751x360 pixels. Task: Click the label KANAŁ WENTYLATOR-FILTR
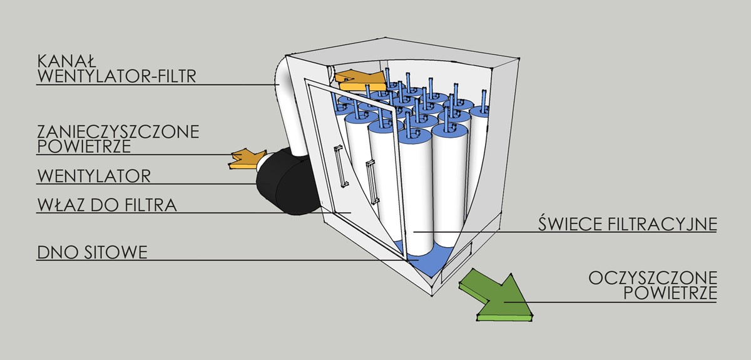[x=116, y=69]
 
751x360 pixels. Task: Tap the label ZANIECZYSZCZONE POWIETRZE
[x=118, y=138]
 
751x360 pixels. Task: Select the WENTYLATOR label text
[x=94, y=175]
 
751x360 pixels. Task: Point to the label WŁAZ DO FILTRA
[x=106, y=205]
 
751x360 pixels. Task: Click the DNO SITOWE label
[x=92, y=252]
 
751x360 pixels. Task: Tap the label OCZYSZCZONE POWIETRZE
[x=653, y=285]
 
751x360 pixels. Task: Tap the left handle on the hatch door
[x=339, y=166]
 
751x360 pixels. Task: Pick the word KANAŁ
[x=66, y=61]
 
